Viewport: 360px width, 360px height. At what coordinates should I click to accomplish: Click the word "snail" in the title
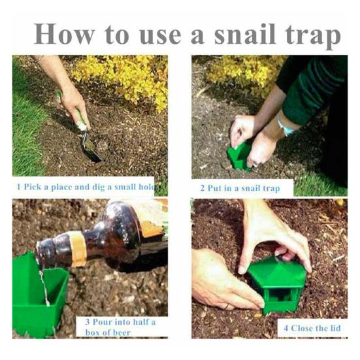(x=245, y=35)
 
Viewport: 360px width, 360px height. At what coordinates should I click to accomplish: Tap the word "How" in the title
(x=64, y=34)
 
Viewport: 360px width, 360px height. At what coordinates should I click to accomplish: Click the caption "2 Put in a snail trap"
(x=240, y=188)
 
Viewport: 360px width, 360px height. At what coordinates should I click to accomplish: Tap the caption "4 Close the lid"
(x=312, y=328)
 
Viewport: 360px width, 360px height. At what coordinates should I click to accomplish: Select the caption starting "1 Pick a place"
(x=86, y=187)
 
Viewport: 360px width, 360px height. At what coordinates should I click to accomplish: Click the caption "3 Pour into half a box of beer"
(x=120, y=327)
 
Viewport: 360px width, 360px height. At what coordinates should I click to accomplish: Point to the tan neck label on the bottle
(x=78, y=249)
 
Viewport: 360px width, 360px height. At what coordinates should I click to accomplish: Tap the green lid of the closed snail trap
(x=277, y=272)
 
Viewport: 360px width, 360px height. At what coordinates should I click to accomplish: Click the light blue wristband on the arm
(x=285, y=126)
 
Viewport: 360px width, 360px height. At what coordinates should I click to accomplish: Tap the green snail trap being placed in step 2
(x=238, y=157)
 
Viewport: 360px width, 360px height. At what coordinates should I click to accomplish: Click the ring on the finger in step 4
(x=226, y=306)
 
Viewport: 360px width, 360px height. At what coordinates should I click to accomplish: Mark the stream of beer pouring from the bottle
(x=44, y=287)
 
